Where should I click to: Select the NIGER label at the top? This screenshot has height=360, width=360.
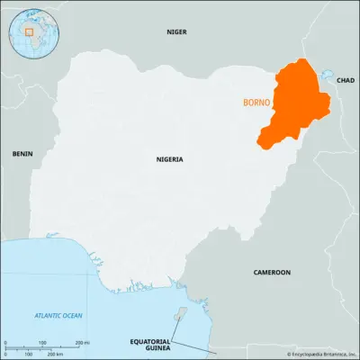click(177, 31)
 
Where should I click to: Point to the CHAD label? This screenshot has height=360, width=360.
click(346, 80)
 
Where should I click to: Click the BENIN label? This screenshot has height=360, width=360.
click(22, 154)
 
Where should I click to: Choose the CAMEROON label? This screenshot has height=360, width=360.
click(271, 272)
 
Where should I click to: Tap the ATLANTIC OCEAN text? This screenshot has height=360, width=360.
click(58, 315)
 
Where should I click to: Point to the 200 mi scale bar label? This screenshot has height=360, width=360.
click(81, 343)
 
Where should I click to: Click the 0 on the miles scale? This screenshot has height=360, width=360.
click(5, 343)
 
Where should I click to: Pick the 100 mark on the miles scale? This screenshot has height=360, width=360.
click(42, 343)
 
